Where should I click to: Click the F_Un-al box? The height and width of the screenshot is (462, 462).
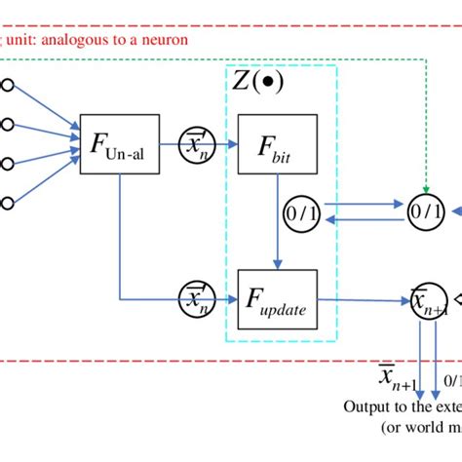pyautogui.click(x=119, y=150)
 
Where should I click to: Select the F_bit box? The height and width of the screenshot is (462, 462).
pyautogui.click(x=277, y=148)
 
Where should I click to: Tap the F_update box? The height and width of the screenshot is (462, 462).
pyautogui.click(x=277, y=301)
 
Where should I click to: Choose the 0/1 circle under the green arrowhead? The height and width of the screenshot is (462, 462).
pyautogui.click(x=425, y=210)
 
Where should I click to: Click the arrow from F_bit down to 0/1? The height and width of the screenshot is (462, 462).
pyautogui.click(x=278, y=186)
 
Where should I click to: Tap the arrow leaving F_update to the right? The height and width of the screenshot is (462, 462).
pyautogui.click(x=361, y=301)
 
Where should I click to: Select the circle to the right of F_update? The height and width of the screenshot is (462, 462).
pyautogui.click(x=427, y=301)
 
